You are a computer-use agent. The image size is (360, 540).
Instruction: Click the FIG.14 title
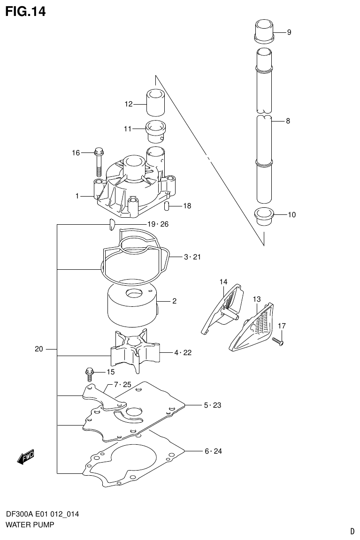click(x=25, y=12)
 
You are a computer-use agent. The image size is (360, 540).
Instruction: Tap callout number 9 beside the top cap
click(x=289, y=32)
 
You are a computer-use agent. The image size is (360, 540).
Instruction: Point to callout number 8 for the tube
click(x=288, y=121)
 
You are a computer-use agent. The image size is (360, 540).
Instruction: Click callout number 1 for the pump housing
click(x=77, y=196)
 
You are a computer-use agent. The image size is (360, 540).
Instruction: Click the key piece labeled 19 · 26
click(x=111, y=225)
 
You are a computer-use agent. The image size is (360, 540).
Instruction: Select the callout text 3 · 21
click(x=192, y=257)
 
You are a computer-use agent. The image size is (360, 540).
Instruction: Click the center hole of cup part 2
click(x=134, y=295)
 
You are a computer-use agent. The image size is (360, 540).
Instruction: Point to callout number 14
click(x=223, y=282)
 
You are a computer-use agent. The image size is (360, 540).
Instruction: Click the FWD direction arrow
click(x=26, y=456)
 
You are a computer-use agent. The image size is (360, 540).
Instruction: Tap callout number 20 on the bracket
click(x=39, y=349)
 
